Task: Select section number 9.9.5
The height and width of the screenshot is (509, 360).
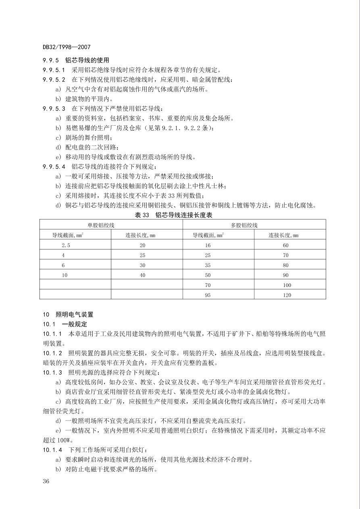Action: pos(51,60)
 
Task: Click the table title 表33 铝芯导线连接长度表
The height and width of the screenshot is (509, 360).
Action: pos(173,215)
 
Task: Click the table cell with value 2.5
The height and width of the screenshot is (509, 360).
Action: pos(66,245)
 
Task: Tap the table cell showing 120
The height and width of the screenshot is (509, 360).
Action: pos(287,295)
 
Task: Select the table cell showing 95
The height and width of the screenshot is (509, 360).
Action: pos(208,295)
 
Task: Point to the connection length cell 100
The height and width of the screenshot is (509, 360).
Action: pos(287,285)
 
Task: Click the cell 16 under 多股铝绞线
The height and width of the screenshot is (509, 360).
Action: pos(208,245)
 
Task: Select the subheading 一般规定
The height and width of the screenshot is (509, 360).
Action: pos(75,324)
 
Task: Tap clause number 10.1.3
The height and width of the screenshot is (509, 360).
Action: pos(53,372)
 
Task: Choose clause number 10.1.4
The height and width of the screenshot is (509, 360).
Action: pos(53,450)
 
